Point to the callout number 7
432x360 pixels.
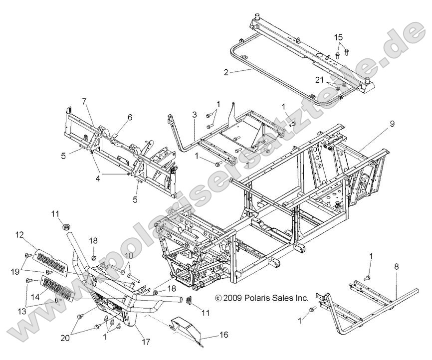click(x=84, y=101)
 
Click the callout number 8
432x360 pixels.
click(x=397, y=267)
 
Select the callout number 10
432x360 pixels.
click(x=129, y=256)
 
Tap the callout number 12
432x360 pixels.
click(x=19, y=234)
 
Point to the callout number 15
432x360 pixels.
click(x=339, y=37)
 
